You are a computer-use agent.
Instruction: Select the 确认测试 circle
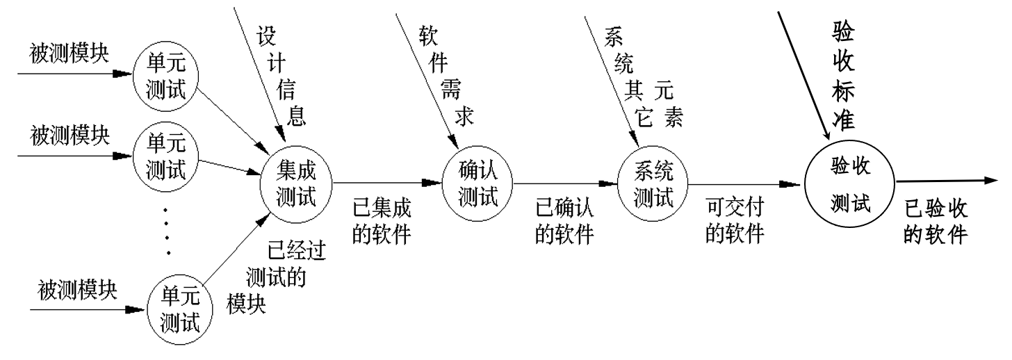(479, 183)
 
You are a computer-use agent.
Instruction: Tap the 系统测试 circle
(655, 183)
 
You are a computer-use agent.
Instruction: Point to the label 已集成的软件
(382, 222)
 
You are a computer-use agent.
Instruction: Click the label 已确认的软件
(564, 222)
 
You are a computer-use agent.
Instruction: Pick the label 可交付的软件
(735, 222)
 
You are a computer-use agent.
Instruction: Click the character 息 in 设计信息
(297, 115)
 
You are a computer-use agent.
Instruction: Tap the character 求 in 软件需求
(464, 116)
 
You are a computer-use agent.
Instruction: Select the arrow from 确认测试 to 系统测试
(566, 184)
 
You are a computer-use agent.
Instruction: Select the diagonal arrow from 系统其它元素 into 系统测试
(611, 76)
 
